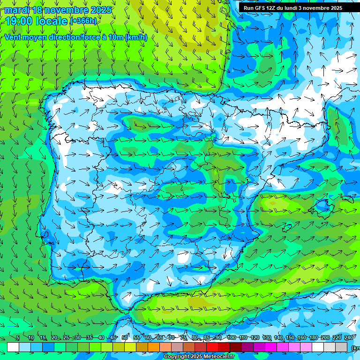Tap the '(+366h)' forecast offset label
(x=83, y=21)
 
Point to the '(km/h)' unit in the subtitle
(x=136, y=37)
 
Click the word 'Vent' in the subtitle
(x=14, y=37)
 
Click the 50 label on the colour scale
(x=125, y=338)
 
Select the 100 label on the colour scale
(x=231, y=338)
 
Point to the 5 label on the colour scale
(x=18, y=338)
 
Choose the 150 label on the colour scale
(x=290, y=338)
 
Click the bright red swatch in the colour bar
(x=212, y=347)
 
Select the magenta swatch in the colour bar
(x=271, y=347)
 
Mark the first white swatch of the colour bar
(x=13, y=347)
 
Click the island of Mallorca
(x=322, y=205)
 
